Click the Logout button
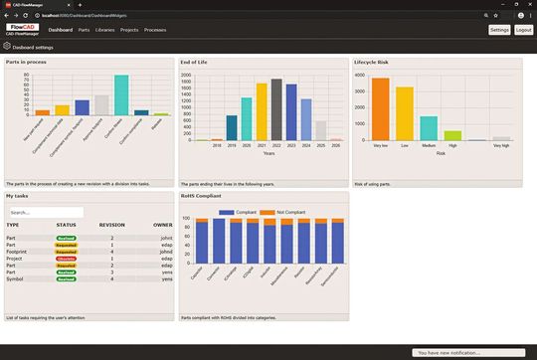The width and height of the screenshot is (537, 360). point(524,30)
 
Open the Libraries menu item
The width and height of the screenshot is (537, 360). point(103,30)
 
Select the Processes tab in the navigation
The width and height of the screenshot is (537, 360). point(155,30)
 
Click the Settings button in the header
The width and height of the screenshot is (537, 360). point(499,30)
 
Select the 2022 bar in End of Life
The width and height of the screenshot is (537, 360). point(275,109)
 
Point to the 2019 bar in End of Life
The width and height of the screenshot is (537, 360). point(232,127)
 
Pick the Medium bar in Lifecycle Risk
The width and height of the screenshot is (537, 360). point(429,128)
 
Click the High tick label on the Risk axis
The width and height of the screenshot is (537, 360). point(452,146)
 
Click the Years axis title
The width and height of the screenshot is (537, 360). point(268,153)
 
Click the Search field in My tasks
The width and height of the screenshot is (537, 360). point(45,212)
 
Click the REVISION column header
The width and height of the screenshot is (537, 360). point(112,225)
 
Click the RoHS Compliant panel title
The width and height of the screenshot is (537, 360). point(203,197)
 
